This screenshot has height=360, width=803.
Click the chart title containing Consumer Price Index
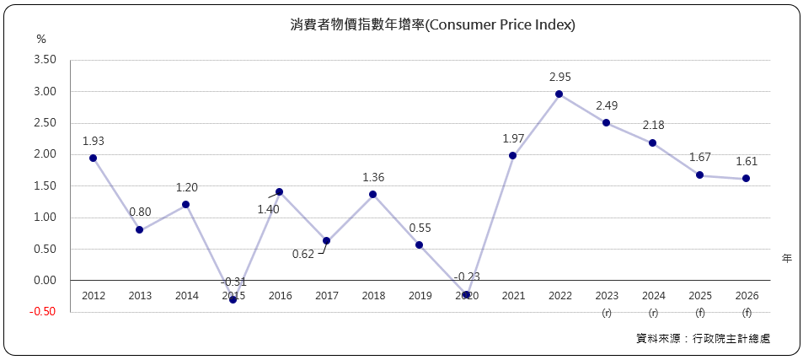click(432, 25)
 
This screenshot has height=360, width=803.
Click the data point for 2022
click(559, 94)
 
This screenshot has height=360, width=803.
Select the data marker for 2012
click(93, 158)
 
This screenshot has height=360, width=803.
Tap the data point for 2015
click(233, 299)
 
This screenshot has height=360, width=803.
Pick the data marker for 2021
click(512, 155)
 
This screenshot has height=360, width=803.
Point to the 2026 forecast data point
click(746, 178)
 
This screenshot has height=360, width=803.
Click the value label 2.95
click(559, 77)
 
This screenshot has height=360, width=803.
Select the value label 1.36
click(373, 177)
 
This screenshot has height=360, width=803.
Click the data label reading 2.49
click(607, 105)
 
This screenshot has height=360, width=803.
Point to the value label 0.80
click(140, 212)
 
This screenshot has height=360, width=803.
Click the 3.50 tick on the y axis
click(44, 60)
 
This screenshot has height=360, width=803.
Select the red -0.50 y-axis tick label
click(43, 311)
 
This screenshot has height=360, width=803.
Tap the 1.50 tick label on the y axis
click(44, 185)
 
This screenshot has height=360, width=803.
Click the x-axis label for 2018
click(373, 295)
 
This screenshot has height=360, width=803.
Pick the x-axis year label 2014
click(186, 295)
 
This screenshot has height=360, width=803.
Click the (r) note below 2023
click(606, 314)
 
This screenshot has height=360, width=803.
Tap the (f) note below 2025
click(699, 314)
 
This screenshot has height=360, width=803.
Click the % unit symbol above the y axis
click(41, 39)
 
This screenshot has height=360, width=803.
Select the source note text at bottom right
click(703, 338)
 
